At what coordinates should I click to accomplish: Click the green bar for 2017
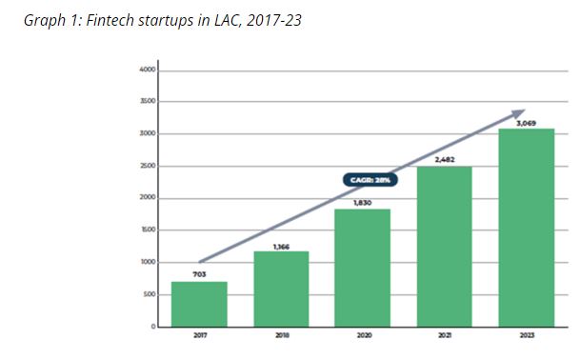[199, 304]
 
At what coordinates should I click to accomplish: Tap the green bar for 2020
[362, 268]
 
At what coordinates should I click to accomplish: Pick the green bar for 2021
[444, 246]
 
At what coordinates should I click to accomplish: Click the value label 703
[199, 273]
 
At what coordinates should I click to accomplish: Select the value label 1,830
[362, 202]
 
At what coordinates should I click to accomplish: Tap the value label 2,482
[444, 159]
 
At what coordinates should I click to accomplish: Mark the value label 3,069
[526, 122]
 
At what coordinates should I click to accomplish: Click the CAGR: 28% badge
[368, 178]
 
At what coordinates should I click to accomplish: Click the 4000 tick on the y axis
[148, 70]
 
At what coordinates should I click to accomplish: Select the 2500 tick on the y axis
[148, 167]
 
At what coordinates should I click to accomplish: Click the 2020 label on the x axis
[362, 335]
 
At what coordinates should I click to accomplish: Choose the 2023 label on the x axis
[526, 335]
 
